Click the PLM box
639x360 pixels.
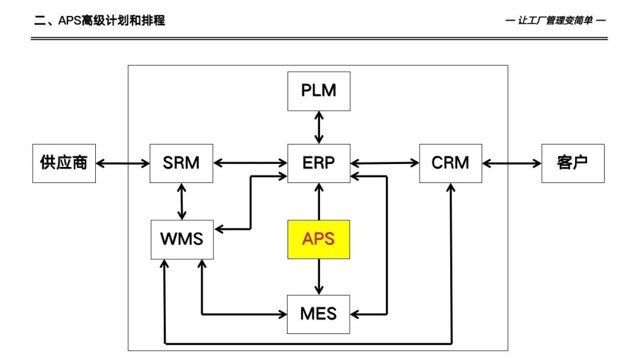(x=319, y=91)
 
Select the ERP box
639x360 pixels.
(x=319, y=163)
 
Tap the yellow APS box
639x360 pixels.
(x=319, y=239)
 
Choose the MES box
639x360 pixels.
(x=319, y=313)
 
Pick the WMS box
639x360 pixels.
(x=182, y=239)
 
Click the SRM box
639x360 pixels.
(x=182, y=163)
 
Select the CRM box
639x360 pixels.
(x=450, y=163)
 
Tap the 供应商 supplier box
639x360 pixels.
(x=63, y=163)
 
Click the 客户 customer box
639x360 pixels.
(x=573, y=163)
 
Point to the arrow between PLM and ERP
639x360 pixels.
(x=319, y=127)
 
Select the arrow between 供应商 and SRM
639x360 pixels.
(x=122, y=163)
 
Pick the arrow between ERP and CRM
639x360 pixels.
(x=385, y=162)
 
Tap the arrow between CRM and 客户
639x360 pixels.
(x=512, y=163)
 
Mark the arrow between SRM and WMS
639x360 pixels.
(x=182, y=201)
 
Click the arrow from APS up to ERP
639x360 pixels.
(x=319, y=201)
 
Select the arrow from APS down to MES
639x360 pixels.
(x=319, y=277)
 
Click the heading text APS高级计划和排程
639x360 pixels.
(x=99, y=21)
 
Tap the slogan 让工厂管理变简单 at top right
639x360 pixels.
(x=556, y=21)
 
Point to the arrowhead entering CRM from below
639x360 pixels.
(x=451, y=189)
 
